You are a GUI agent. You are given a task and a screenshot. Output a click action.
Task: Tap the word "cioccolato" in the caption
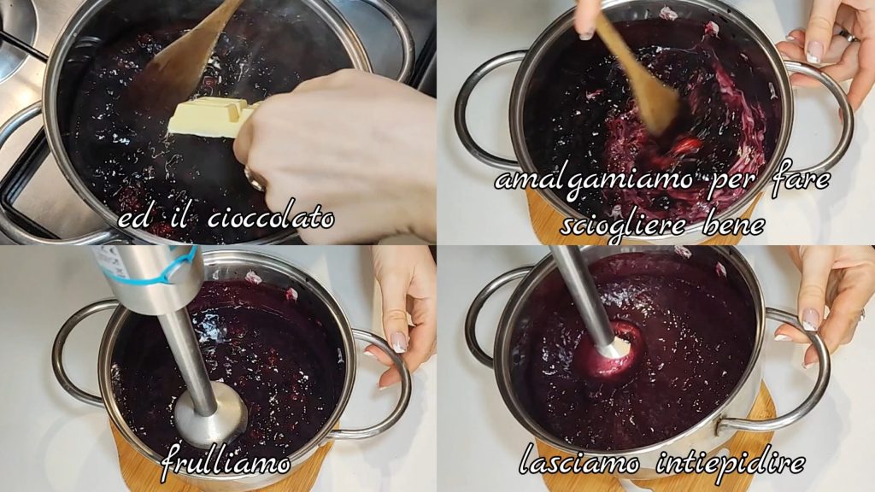[x=271, y=218]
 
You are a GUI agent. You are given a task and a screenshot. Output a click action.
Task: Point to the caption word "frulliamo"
[x=226, y=461]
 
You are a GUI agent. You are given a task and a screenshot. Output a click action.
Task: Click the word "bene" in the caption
[x=732, y=225]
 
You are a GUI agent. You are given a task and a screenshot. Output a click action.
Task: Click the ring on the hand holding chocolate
[x=254, y=179]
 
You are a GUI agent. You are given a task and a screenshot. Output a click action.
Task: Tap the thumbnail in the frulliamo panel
[x=398, y=342]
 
